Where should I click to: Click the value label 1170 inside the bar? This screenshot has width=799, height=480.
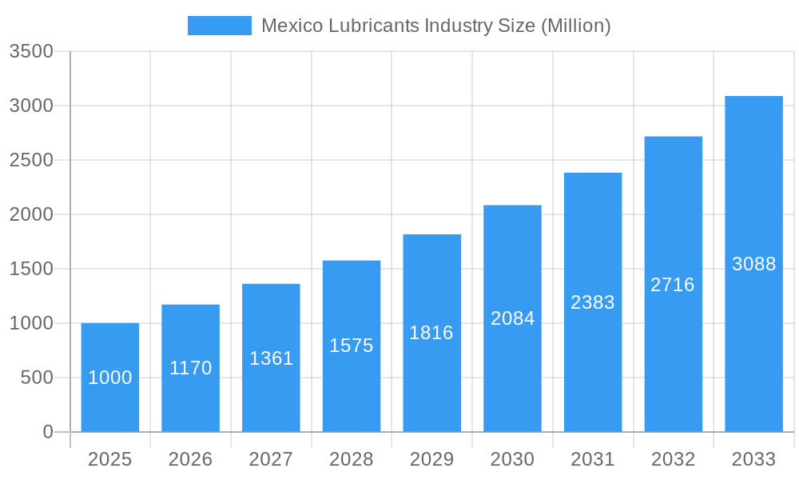click(191, 368)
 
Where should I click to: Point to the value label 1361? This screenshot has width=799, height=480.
click(272, 358)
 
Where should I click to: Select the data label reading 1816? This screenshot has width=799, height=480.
click(431, 333)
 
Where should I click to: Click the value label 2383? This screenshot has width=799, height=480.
click(593, 302)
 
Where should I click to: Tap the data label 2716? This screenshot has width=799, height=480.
click(673, 285)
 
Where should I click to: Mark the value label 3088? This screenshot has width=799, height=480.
click(753, 264)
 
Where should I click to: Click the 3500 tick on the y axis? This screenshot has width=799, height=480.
click(31, 52)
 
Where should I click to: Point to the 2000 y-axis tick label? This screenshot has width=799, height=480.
click(31, 215)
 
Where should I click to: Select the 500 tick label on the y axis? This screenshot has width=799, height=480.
click(37, 378)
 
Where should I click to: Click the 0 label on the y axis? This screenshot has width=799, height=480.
click(48, 432)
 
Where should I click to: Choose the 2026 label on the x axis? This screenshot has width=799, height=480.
click(191, 459)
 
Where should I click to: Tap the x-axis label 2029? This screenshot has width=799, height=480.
click(431, 459)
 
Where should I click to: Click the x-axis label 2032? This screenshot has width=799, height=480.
click(673, 459)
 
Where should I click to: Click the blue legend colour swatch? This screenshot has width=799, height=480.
click(220, 26)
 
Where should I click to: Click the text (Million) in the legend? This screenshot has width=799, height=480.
click(575, 26)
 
